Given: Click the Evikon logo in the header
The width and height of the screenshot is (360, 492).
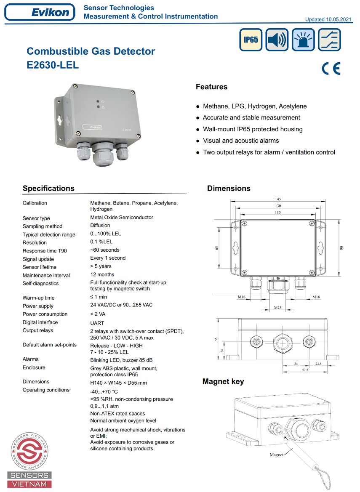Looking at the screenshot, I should tap(40, 12).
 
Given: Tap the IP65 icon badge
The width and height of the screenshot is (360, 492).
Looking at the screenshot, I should tap(251, 40).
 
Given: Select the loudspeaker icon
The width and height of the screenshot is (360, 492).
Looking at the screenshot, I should tap(277, 40).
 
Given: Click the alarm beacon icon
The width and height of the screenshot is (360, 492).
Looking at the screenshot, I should tap(303, 40).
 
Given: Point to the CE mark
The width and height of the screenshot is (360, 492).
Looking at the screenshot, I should tap(331, 69).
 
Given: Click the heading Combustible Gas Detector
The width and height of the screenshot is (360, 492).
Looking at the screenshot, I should tap(91, 51).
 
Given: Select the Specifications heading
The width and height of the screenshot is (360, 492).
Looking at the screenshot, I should tap(48, 189).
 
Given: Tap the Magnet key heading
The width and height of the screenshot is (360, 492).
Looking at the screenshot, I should tap(223, 382).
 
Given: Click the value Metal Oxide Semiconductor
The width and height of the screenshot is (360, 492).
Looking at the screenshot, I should tap(122, 218).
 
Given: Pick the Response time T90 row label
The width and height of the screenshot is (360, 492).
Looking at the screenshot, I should tap(45, 251).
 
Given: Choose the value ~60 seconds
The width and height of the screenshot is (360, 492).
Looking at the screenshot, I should tap(105, 250).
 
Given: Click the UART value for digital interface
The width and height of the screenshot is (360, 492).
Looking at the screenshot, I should tap(97, 323).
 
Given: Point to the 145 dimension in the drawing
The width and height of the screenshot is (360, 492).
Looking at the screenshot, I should tap(277, 199).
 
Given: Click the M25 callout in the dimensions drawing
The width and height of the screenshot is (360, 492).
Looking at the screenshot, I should tap(277, 308).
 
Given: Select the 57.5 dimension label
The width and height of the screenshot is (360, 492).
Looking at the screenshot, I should tap(305, 370).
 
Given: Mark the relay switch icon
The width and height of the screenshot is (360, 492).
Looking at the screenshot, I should tap(329, 40).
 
